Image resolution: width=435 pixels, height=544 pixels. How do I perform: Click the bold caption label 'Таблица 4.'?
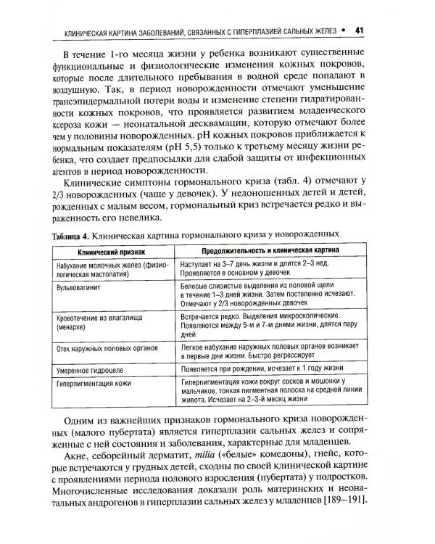[70, 236]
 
